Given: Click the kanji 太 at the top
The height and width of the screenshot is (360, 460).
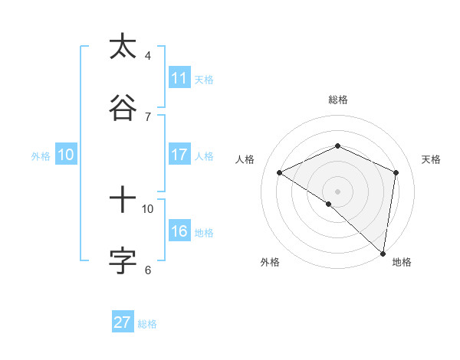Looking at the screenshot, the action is point(123,47).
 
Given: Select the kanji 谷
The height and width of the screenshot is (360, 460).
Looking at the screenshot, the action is point(123,108).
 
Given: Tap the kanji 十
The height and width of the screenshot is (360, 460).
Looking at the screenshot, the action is point(123,201).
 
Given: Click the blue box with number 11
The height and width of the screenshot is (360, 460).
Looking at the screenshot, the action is point(179,78).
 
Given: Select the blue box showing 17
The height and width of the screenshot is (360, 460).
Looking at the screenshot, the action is point(179,155).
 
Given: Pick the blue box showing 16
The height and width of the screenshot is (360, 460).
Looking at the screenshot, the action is point(179,231).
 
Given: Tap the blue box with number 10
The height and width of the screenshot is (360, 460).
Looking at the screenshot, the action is point(66,155).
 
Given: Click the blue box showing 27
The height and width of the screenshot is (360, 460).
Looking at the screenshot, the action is point(123,322).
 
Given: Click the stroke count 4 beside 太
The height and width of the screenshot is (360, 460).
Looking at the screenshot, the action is point(148,55).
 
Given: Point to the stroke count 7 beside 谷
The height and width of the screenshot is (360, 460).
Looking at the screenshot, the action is point(148,116).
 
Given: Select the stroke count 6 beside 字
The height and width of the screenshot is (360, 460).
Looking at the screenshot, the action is point(148,270).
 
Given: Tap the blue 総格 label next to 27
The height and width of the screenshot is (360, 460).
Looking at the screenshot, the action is point(147,324).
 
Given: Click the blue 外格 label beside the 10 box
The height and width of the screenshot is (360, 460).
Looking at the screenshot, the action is point(41,155).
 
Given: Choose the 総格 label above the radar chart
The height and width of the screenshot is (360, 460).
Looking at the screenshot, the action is point(338,100).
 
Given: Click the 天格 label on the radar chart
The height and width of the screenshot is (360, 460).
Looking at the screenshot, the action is point(431,159).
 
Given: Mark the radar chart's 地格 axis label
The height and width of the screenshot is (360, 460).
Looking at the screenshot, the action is point(402,262).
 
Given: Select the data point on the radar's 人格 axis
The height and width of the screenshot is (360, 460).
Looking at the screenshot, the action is point(280,172).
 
